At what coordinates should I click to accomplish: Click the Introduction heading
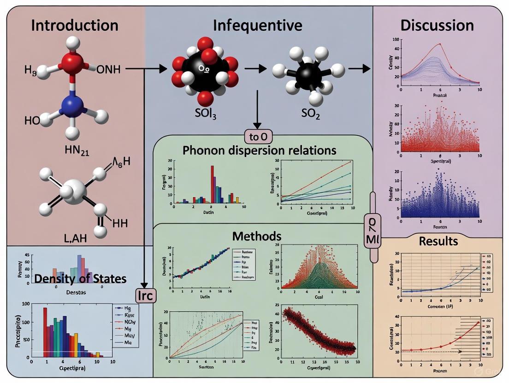(75, 25)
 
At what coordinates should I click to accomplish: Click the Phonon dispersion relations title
(260, 150)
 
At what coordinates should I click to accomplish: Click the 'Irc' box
(145, 295)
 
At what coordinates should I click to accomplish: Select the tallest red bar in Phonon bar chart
(213, 184)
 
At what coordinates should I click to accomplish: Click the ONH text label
(109, 70)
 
